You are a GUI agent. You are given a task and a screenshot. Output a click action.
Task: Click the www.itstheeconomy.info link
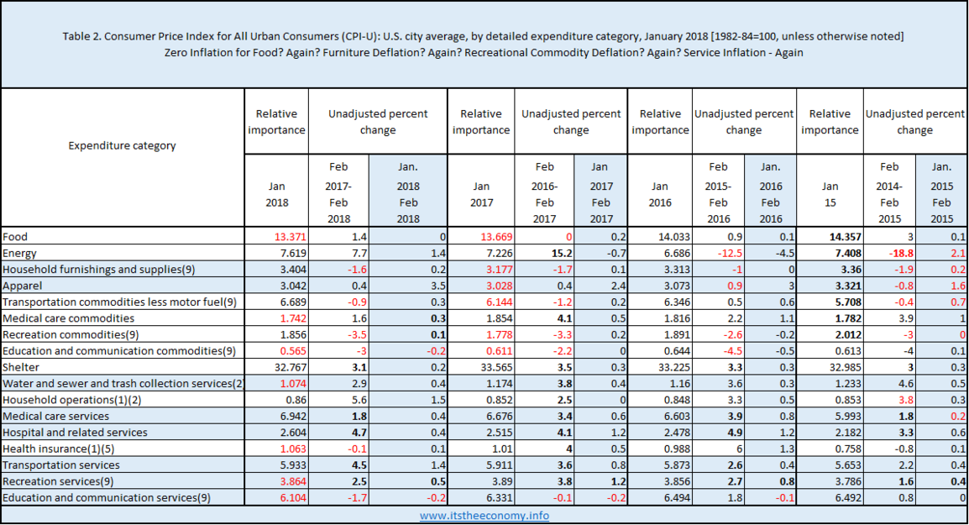pos(484,515)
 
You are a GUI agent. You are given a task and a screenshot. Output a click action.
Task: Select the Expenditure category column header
pos(122,145)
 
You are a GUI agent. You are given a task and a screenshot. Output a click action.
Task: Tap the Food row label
pos(15,237)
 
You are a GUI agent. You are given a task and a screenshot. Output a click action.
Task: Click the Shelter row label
pos(21,367)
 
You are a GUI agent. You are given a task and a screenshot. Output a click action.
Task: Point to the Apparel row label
pos(22,286)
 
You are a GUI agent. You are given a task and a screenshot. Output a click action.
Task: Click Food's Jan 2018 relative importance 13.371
pos(290,237)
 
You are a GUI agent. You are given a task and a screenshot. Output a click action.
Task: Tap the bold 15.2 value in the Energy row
pos(562,253)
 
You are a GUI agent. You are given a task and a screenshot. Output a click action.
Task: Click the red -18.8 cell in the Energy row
pos(901,253)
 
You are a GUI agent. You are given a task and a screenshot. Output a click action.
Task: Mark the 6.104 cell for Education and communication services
pos(293,498)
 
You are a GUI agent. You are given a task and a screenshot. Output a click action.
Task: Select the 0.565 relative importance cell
pos(293,350)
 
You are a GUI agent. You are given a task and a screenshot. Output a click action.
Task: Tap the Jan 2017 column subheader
pos(481,194)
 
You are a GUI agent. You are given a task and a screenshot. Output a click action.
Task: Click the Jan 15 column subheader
pos(830,194)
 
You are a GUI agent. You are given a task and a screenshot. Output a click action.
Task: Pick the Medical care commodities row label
pos(69,318)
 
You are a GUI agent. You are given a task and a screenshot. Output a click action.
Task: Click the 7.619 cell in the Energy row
pos(293,253)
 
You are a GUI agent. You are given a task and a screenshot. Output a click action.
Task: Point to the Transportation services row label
pos(61,465)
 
